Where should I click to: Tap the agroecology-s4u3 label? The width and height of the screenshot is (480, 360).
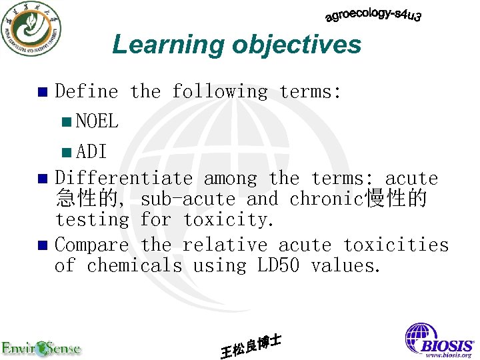coord(373,15)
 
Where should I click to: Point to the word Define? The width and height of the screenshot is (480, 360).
coord(87,91)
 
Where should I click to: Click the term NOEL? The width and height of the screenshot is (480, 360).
coord(97,121)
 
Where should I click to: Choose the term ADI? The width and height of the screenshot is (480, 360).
coord(91,151)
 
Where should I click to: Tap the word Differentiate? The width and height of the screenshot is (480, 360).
coord(123,178)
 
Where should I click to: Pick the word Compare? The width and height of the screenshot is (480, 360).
coord(91,245)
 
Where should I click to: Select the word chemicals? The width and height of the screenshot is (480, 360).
coord(134,265)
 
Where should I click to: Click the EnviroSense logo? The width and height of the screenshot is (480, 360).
coord(41,347)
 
